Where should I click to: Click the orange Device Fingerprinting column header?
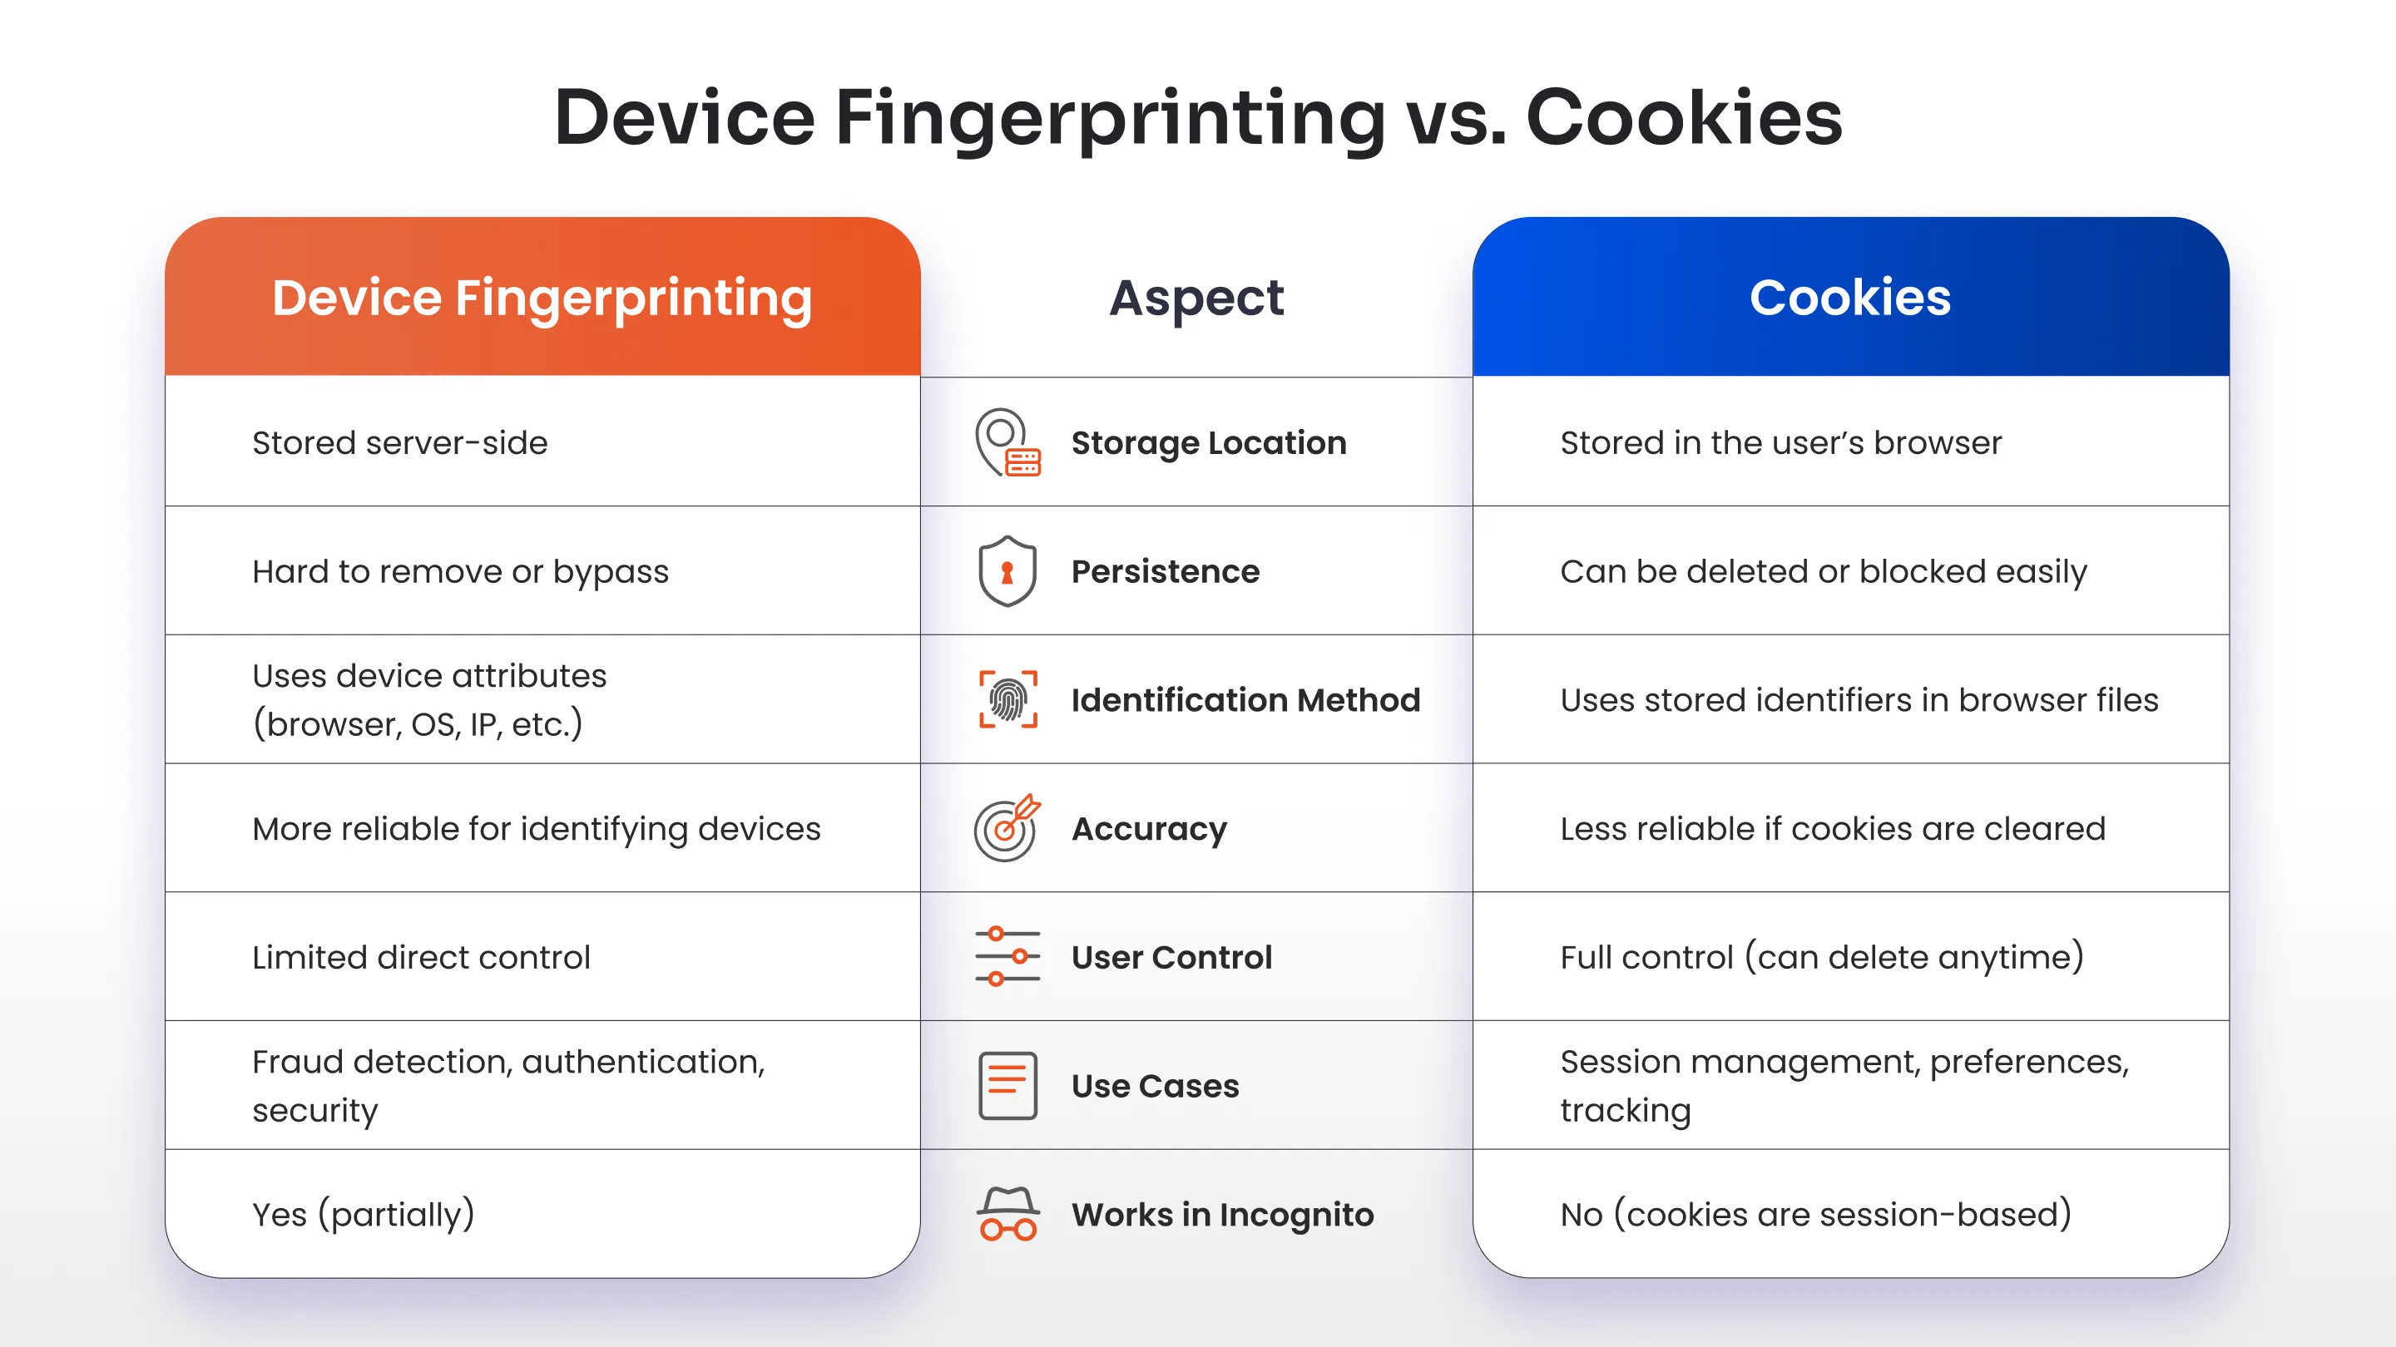click(542, 298)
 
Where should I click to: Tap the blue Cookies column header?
click(1850, 298)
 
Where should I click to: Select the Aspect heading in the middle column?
click(1196, 298)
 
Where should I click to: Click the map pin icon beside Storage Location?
click(1007, 442)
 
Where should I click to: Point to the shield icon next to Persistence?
click(1007, 570)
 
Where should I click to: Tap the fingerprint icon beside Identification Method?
click(1007, 699)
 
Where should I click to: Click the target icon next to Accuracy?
click(1007, 827)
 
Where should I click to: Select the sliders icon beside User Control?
click(1007, 956)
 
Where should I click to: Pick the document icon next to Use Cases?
click(1007, 1085)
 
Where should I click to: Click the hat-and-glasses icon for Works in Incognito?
click(1007, 1213)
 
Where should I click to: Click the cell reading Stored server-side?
click(400, 442)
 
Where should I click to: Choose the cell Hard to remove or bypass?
click(460, 570)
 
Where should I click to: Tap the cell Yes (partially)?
click(364, 1214)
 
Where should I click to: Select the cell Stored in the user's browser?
click(1780, 442)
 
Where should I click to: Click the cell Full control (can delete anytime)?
click(1821, 956)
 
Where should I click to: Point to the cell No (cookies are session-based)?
click(1815, 1214)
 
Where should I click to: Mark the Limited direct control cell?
click(421, 956)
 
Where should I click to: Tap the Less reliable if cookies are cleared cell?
click(1832, 828)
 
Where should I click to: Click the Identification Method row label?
click(1245, 700)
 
